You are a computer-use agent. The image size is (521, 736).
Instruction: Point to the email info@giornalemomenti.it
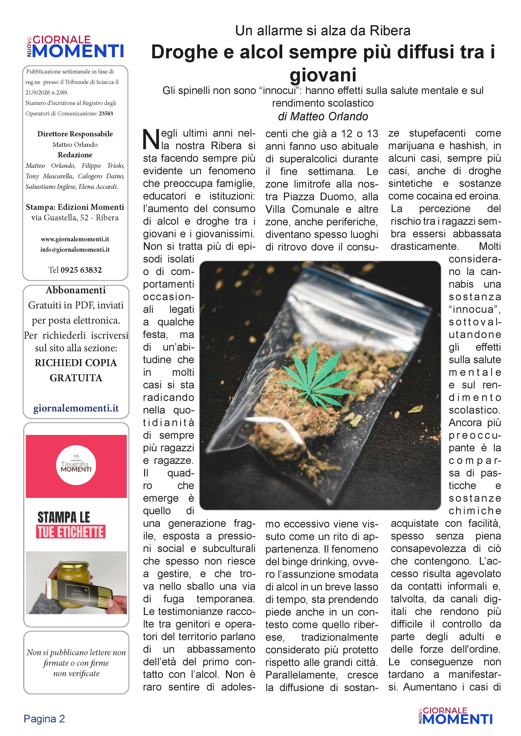[x=75, y=249]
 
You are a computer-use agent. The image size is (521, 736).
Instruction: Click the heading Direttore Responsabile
[x=75, y=134]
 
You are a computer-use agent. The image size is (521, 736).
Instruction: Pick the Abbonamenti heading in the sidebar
[x=76, y=290]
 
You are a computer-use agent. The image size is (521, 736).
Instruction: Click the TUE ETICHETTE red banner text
[x=71, y=532]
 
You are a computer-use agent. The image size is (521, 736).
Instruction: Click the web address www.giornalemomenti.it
[x=75, y=239]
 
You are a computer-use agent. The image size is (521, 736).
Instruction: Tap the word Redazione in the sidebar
[x=75, y=155]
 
